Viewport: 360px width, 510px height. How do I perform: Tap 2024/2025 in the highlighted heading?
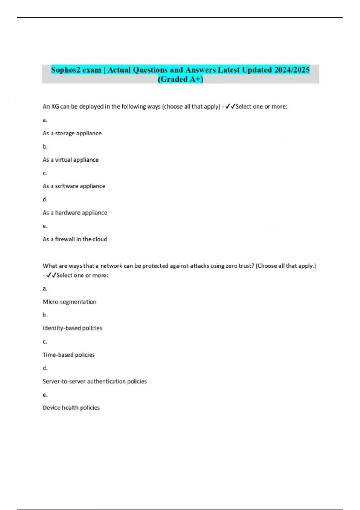(x=292, y=70)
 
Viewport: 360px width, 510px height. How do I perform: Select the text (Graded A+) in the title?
(x=180, y=79)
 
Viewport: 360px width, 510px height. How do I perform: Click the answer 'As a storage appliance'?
(x=72, y=133)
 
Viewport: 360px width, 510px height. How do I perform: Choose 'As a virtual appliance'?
(x=70, y=160)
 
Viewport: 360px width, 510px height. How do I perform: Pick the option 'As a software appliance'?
(x=74, y=186)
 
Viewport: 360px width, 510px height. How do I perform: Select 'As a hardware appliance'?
(x=75, y=213)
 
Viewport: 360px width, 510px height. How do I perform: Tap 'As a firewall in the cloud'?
(x=75, y=239)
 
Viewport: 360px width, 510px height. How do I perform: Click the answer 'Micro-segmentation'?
(x=70, y=302)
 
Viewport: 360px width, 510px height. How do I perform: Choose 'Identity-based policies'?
(x=72, y=328)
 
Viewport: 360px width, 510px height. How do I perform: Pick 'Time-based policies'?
(x=68, y=355)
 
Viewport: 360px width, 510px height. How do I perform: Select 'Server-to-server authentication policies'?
(x=94, y=381)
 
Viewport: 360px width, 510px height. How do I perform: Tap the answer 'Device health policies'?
(x=71, y=408)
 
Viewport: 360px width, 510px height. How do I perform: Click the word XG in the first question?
(x=55, y=106)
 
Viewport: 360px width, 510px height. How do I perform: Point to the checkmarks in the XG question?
(x=230, y=106)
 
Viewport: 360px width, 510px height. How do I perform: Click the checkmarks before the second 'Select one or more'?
(x=51, y=275)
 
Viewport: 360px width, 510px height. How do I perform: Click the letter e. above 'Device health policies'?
(x=45, y=395)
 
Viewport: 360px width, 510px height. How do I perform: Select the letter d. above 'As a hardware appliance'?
(x=45, y=199)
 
